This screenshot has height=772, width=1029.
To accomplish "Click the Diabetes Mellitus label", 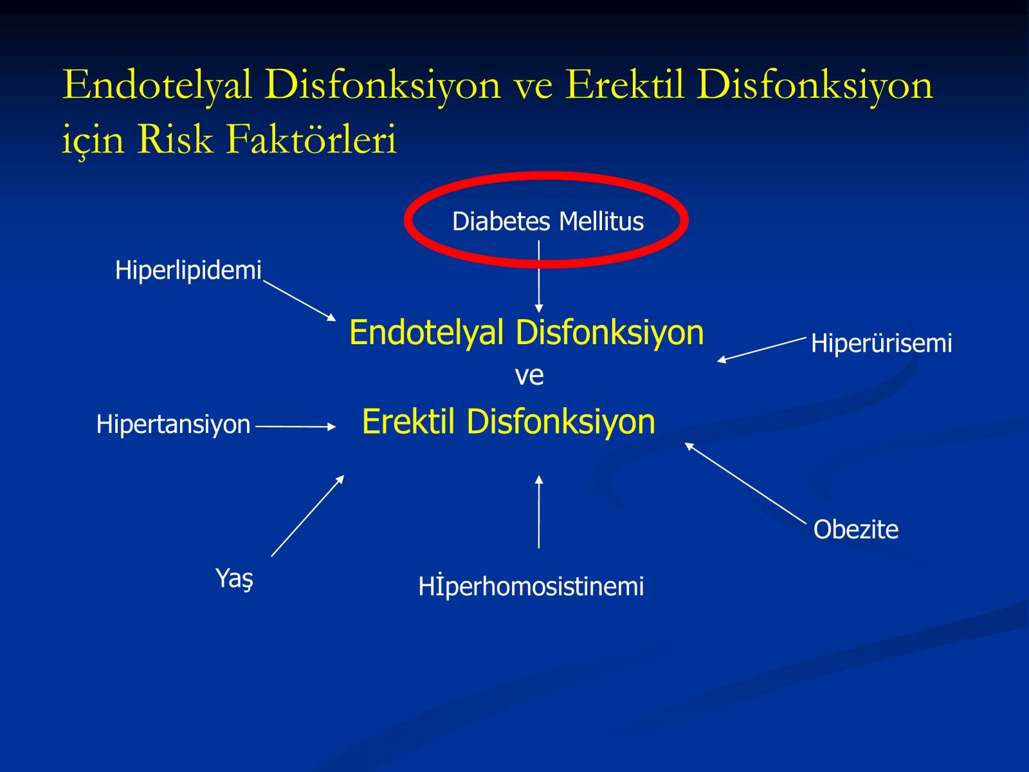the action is click(x=547, y=221).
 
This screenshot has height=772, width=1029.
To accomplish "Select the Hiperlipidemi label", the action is click(x=188, y=270).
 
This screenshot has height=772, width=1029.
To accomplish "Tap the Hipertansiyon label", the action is click(x=173, y=424).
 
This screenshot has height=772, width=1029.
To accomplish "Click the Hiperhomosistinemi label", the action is click(x=531, y=586).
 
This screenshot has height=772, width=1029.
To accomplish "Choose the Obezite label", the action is click(x=855, y=529).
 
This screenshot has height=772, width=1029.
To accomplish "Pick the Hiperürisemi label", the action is click(x=881, y=343).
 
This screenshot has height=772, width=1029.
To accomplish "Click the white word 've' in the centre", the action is click(x=529, y=376).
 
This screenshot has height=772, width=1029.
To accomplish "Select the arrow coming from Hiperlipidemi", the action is click(x=300, y=300).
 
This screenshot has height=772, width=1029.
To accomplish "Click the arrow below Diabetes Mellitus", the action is click(x=539, y=277).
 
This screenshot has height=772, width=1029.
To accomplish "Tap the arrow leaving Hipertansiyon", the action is click(x=295, y=427).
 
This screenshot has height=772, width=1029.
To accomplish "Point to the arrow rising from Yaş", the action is click(x=307, y=515).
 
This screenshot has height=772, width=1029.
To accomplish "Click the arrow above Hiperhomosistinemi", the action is click(x=539, y=511).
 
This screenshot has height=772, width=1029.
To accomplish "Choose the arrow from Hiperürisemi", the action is click(x=761, y=350).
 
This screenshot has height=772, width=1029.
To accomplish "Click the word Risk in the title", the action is click(x=174, y=139).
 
